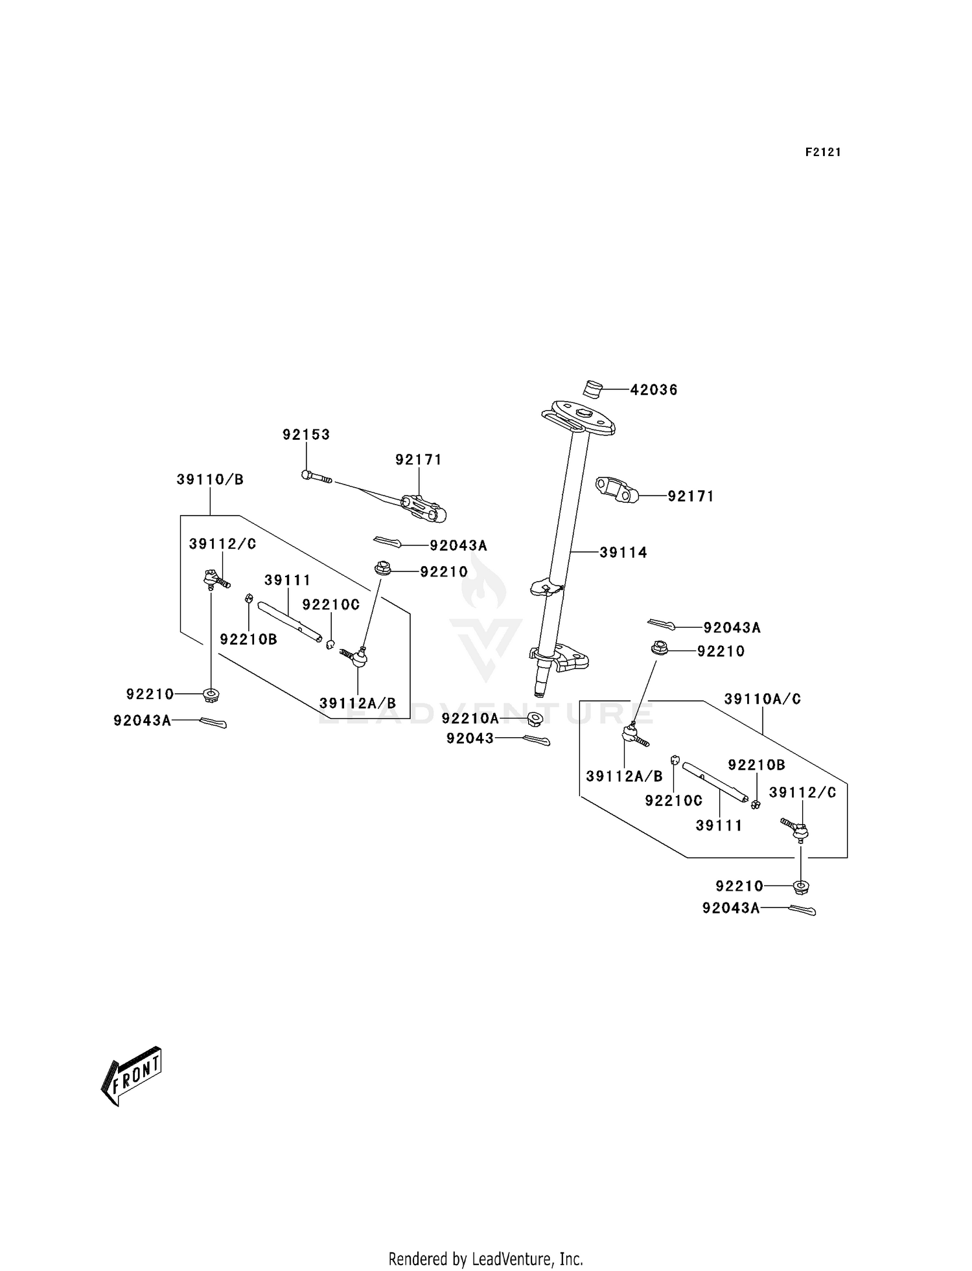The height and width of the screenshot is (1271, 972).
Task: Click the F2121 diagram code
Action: (x=822, y=152)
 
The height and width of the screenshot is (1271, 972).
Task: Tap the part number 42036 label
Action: (x=654, y=390)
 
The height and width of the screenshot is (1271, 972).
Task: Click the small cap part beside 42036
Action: (x=592, y=389)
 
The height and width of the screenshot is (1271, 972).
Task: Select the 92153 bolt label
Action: (x=306, y=435)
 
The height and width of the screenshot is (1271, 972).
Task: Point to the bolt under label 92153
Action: (x=316, y=477)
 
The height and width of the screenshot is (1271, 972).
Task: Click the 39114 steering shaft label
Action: (x=623, y=553)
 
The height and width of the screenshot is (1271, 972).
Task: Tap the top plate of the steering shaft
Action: (x=579, y=418)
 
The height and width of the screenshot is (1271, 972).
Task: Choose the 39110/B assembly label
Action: (x=210, y=480)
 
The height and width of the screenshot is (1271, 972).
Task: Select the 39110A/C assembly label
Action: (x=762, y=699)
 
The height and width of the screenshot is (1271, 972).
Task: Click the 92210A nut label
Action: (x=470, y=718)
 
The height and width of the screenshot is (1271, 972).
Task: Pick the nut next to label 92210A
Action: (x=535, y=718)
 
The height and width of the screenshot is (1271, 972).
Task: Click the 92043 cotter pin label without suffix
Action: (x=470, y=739)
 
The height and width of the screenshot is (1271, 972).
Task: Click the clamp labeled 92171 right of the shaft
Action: (x=617, y=490)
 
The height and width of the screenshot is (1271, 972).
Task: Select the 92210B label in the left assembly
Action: (x=248, y=639)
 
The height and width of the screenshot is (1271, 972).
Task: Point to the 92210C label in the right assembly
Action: (x=673, y=801)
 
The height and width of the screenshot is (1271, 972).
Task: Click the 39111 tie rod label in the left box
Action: (x=287, y=580)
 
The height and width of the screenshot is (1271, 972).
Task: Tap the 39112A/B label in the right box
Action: (x=624, y=776)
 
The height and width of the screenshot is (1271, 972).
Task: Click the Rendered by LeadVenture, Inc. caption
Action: (x=485, y=1259)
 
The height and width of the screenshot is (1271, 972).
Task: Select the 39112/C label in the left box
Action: (x=222, y=544)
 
